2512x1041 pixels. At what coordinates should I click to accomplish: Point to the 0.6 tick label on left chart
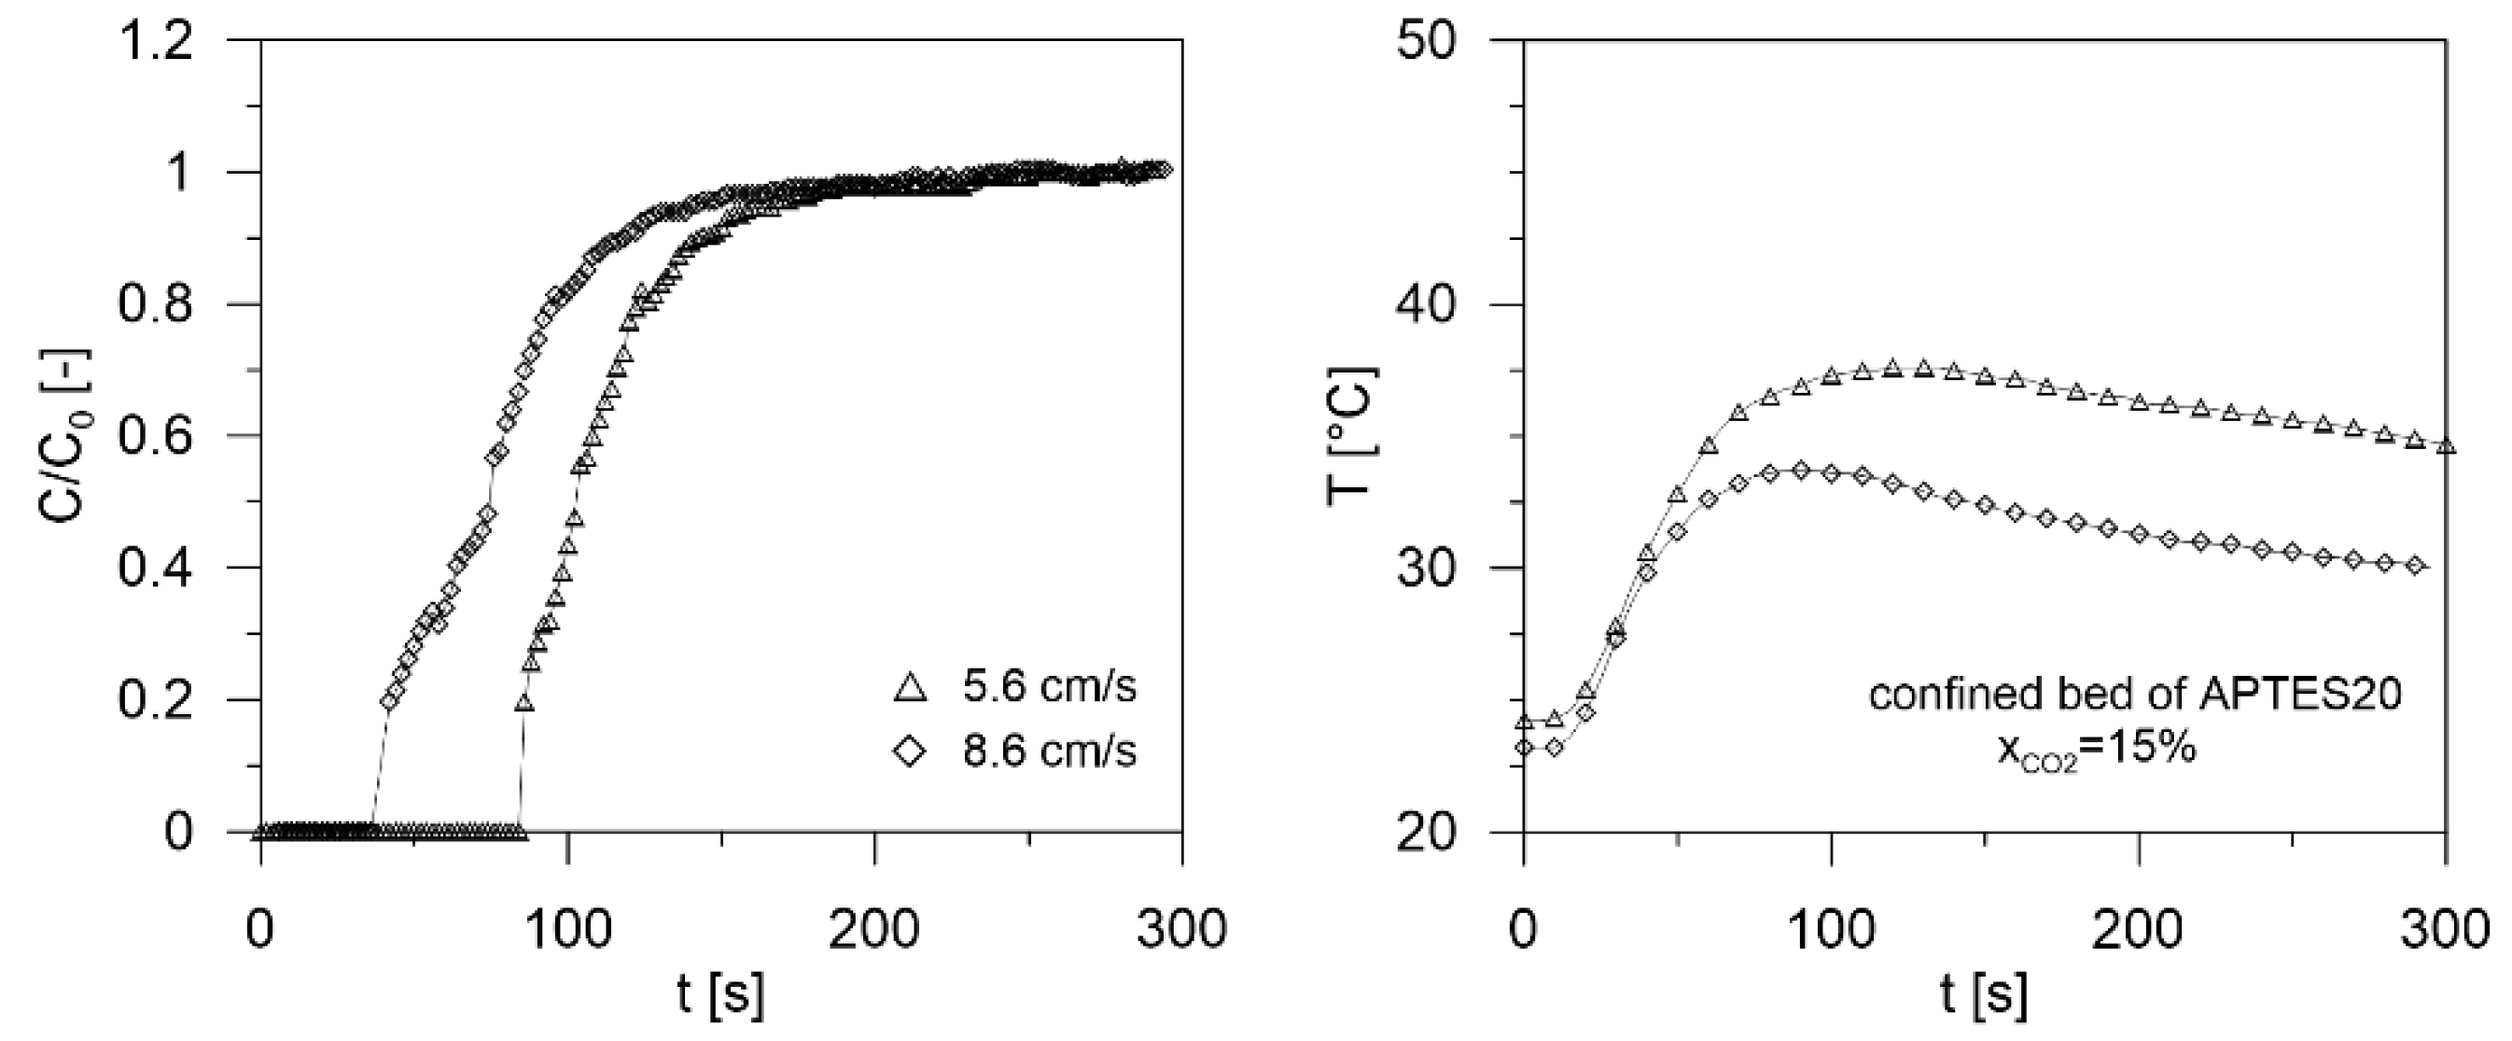pyautogui.click(x=156, y=436)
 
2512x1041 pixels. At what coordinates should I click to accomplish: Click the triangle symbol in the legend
pyautogui.click(x=910, y=688)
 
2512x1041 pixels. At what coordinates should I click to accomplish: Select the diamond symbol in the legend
pyautogui.click(x=910, y=752)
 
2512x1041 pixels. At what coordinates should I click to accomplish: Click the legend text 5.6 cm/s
pyautogui.click(x=1049, y=688)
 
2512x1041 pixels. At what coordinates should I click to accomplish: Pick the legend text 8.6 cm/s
pyautogui.click(x=1049, y=752)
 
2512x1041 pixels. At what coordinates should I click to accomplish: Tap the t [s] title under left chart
pyautogui.click(x=720, y=995)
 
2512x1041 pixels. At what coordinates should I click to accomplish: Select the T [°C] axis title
pyautogui.click(x=1350, y=436)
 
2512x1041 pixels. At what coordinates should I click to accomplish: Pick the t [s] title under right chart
pyautogui.click(x=1984, y=995)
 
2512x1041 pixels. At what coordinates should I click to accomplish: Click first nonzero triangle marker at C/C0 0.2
pyautogui.click(x=523, y=702)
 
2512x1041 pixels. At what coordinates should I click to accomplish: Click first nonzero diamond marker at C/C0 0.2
pyautogui.click(x=390, y=700)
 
